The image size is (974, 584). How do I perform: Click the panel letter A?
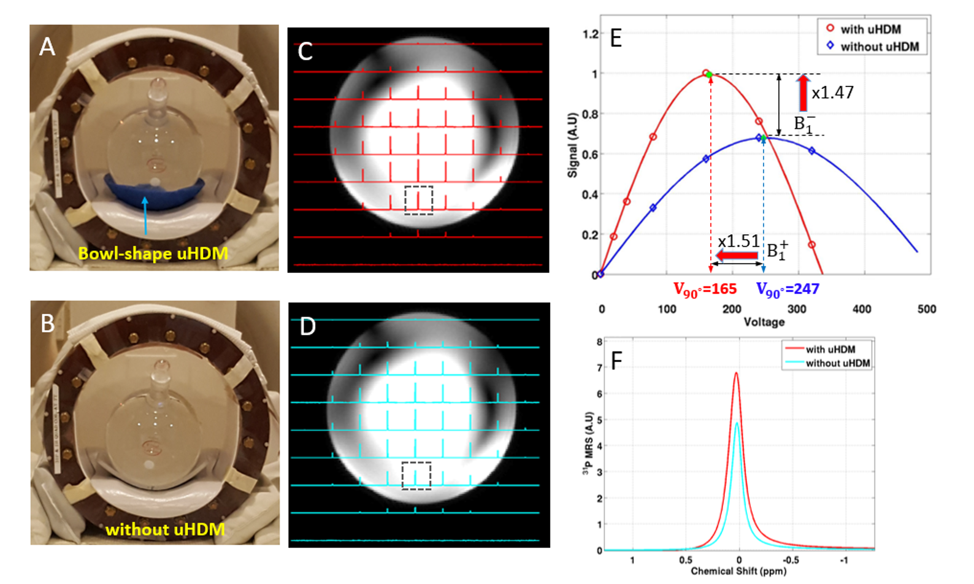pyautogui.click(x=47, y=47)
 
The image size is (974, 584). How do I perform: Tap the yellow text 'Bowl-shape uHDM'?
pyautogui.click(x=153, y=253)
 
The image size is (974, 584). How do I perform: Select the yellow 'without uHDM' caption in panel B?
pyautogui.click(x=165, y=529)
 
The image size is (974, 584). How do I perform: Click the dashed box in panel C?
pyautogui.click(x=419, y=201)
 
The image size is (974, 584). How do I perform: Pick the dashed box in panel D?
pyautogui.click(x=416, y=475)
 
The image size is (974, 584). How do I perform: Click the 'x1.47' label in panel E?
pyautogui.click(x=832, y=93)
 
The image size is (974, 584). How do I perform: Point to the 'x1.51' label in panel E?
pyautogui.click(x=738, y=241)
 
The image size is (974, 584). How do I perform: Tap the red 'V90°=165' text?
pyautogui.click(x=705, y=289)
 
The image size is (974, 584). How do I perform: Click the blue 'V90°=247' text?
pyautogui.click(x=788, y=289)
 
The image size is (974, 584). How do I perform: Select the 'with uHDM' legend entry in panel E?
pyautogui.click(x=870, y=29)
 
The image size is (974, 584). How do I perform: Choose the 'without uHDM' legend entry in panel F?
pyautogui.click(x=837, y=363)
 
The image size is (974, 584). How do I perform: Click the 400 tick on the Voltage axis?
pyautogui.click(x=862, y=309)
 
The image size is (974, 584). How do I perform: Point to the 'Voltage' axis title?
pyautogui.click(x=764, y=322)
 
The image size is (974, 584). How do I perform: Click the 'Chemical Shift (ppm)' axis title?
pyautogui.click(x=738, y=571)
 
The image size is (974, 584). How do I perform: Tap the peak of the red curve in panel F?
pyautogui.click(x=736, y=373)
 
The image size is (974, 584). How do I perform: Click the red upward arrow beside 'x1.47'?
pyautogui.click(x=803, y=92)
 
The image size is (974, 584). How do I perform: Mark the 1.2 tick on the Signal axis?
pyautogui.click(x=590, y=34)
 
